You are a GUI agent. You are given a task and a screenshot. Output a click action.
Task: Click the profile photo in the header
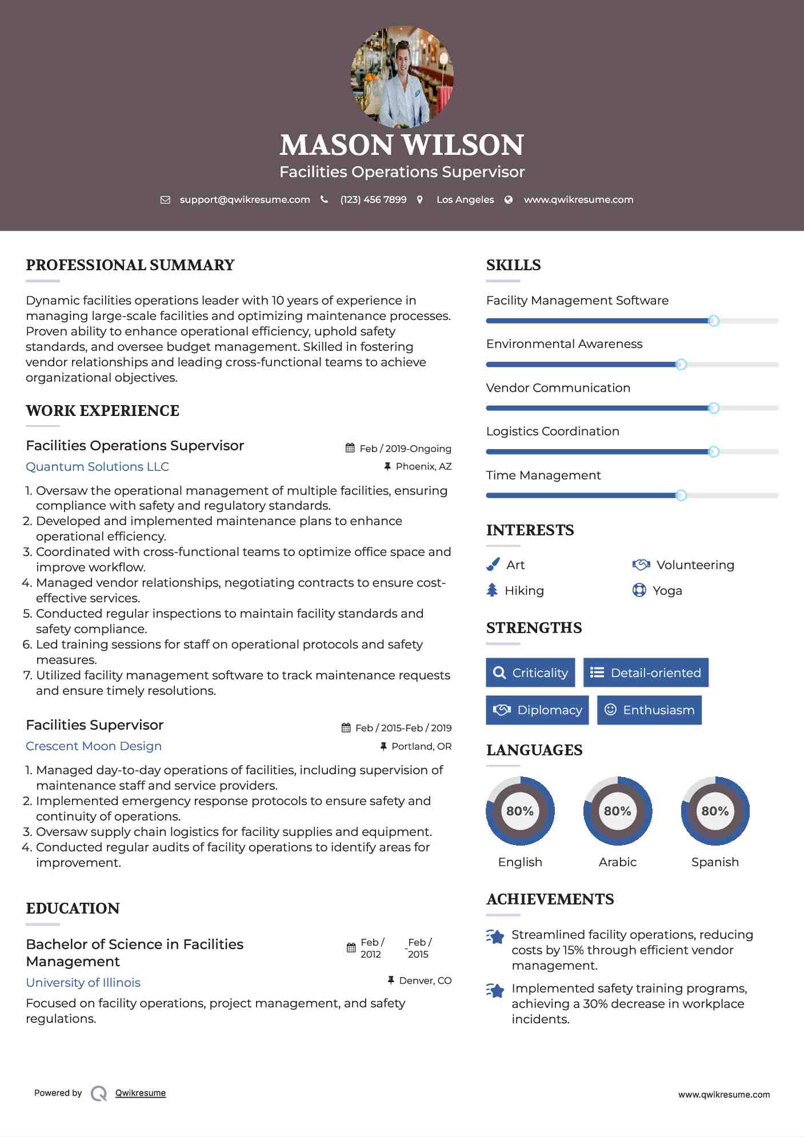402,77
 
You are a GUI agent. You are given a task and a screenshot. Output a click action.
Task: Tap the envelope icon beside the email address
165,200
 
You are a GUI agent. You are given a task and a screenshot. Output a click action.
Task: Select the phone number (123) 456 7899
373,200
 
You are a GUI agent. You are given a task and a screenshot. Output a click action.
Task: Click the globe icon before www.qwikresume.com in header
509,200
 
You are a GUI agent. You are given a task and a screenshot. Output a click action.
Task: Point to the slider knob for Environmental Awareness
681,365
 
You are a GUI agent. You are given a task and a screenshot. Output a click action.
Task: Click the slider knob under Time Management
681,495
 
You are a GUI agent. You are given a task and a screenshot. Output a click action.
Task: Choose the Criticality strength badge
530,672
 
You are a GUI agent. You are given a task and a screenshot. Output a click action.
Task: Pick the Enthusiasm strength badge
649,710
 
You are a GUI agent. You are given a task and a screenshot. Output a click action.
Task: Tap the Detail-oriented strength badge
646,672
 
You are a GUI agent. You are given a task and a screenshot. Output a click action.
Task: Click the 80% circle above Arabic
617,811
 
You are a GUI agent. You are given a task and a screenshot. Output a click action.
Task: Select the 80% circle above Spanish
715,811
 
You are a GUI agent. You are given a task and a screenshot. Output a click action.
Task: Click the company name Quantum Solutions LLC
97,467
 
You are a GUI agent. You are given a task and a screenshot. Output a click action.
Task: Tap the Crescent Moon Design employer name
94,746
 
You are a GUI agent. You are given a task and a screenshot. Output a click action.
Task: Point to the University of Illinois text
83,983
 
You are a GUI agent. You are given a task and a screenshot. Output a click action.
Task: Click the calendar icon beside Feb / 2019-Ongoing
350,449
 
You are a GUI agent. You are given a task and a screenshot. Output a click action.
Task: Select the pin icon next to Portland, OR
383,746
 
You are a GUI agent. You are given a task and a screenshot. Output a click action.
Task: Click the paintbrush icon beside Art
493,565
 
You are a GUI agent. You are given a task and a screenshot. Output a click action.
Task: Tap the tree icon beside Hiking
492,590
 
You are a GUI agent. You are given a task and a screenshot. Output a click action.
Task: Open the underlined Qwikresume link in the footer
141,1093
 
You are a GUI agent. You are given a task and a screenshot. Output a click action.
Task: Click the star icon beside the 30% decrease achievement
495,990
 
